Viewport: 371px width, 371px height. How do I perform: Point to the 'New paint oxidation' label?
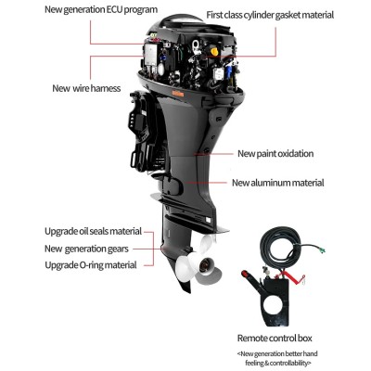click(275, 153)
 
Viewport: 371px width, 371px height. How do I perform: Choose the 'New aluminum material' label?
click(277, 183)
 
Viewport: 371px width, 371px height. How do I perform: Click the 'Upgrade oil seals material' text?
click(93, 231)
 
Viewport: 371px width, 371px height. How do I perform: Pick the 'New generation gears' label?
click(87, 248)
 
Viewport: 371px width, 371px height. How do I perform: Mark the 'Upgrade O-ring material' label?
click(91, 264)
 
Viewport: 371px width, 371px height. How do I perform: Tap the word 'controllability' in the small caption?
click(301, 362)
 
